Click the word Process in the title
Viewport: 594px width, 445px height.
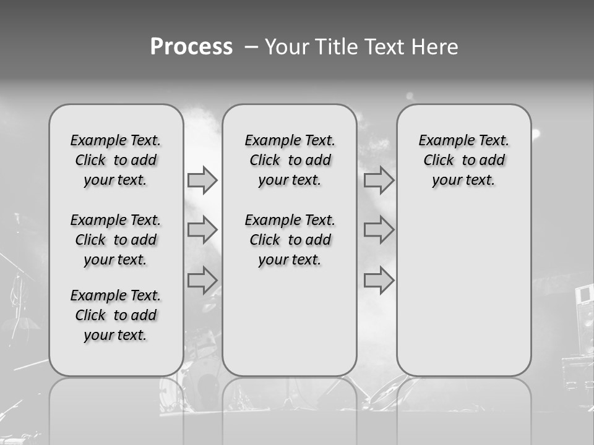point(191,47)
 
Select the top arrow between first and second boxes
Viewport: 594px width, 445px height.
point(202,180)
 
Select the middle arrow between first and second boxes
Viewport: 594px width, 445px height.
point(202,230)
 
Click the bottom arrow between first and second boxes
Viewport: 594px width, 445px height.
point(202,280)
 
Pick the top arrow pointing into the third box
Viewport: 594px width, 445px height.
point(379,180)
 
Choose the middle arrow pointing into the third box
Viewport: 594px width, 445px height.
point(379,230)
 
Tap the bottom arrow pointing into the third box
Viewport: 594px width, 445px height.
point(379,280)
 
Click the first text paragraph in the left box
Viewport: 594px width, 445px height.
point(116,160)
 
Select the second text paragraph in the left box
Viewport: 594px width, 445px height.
point(116,240)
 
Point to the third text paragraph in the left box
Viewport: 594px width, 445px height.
point(116,315)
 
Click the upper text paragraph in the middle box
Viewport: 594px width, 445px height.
point(290,160)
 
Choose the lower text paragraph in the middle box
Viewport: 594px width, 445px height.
point(290,240)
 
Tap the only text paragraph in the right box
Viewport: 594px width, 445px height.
point(463,160)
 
